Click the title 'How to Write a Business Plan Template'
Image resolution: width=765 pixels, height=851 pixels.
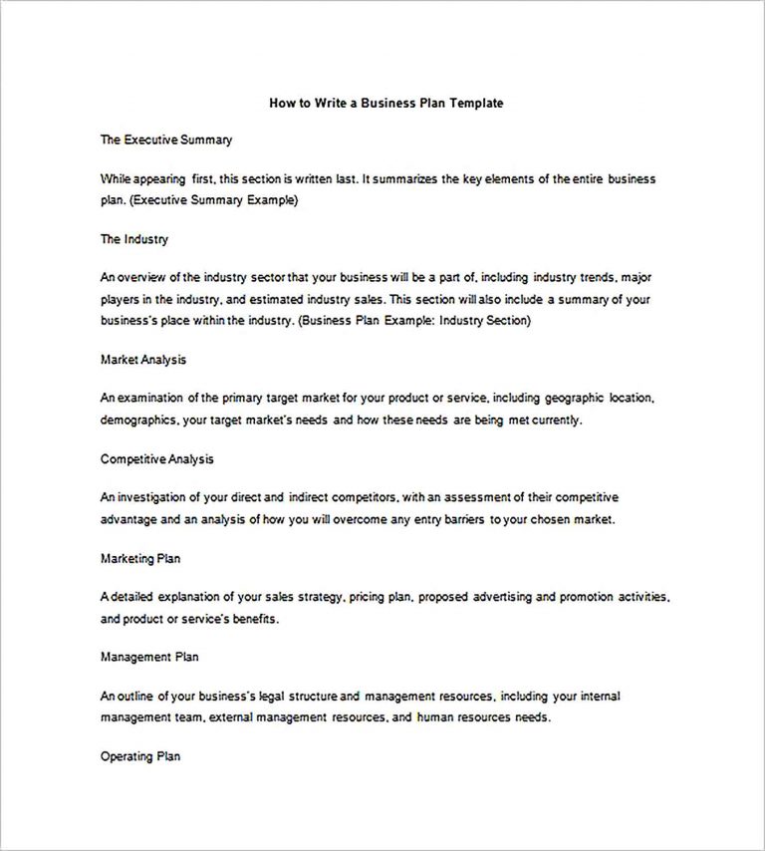[x=385, y=102]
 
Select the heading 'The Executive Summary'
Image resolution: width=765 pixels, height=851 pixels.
[x=166, y=141]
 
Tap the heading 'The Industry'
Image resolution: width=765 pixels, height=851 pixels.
[x=134, y=239]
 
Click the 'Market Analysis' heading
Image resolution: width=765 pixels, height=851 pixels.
[x=143, y=359]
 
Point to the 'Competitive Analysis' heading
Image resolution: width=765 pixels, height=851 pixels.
[x=156, y=458]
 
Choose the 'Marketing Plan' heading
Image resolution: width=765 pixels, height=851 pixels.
[x=140, y=558]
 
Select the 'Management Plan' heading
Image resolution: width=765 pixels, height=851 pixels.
[x=149, y=657]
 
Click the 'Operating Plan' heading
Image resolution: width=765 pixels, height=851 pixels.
[x=140, y=756]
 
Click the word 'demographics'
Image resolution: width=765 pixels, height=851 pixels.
[x=138, y=420]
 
